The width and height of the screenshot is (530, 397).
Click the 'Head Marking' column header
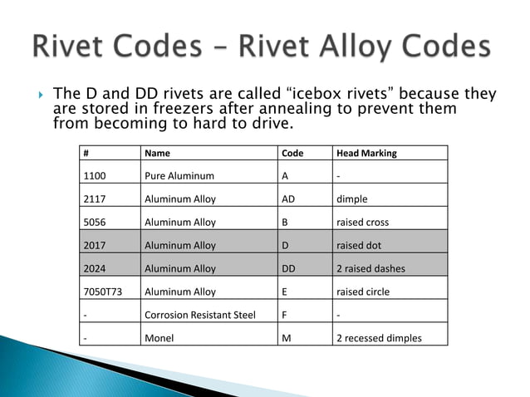pyautogui.click(x=366, y=154)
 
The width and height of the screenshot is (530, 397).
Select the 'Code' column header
pyautogui.click(x=292, y=154)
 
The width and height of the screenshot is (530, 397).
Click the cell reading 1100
pyautogui.click(x=96, y=176)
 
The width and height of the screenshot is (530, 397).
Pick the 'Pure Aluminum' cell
pyautogui.click(x=179, y=176)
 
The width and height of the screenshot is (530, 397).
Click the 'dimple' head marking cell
pyautogui.click(x=351, y=199)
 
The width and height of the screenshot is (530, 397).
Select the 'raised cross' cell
pyautogui.click(x=362, y=223)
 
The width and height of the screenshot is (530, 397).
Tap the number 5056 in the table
pyautogui.click(x=96, y=223)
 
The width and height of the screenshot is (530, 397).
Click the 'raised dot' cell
pyautogui.click(x=358, y=246)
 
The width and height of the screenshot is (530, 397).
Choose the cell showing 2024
pyautogui.click(x=96, y=269)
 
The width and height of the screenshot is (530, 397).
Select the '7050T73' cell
pyautogui.click(x=102, y=292)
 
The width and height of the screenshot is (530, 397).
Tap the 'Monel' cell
pyautogui.click(x=159, y=338)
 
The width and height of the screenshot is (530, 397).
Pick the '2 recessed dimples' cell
pyautogui.click(x=379, y=338)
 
